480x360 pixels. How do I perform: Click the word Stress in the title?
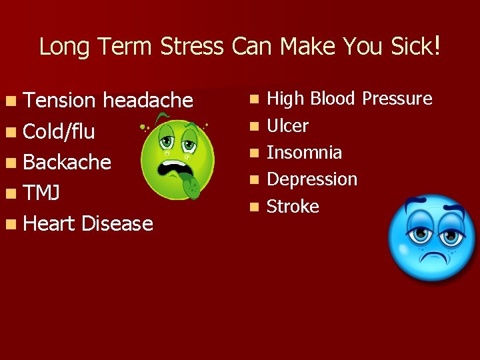197,47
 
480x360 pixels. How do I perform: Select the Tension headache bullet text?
107,101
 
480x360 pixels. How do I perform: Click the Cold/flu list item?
59,131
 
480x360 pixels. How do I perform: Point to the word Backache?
67,162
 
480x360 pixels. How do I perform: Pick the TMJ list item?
41,193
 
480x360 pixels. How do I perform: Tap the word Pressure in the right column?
397,99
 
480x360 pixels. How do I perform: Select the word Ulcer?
287,126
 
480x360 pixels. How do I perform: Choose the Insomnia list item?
304,153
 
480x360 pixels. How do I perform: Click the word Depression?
312,179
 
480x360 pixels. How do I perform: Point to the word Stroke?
293,207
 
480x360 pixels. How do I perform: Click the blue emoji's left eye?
419,235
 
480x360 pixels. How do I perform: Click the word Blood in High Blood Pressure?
331,99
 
